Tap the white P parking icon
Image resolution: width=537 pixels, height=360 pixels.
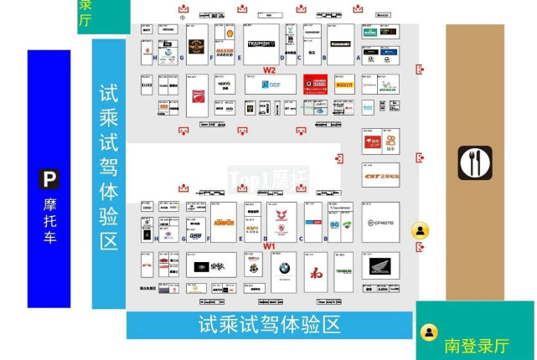point(50,178)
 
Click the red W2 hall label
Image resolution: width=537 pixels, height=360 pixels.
point(270,69)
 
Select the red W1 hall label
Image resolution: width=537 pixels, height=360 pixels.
point(270,246)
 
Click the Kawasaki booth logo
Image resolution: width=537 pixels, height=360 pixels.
point(340,44)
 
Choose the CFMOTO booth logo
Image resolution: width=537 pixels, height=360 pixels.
point(380,223)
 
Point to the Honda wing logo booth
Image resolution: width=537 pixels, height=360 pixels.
point(380,268)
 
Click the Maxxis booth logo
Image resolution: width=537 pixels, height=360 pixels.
point(224,53)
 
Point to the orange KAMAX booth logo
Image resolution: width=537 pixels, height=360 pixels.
point(223,223)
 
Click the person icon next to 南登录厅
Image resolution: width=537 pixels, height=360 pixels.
point(430,333)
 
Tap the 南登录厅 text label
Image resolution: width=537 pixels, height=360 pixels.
point(476,345)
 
